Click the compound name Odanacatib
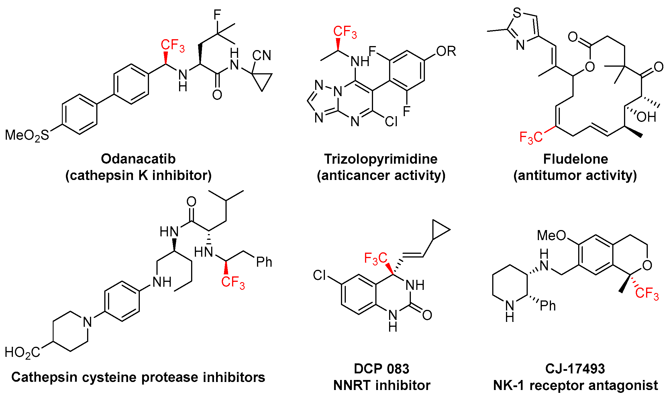coord(138,159)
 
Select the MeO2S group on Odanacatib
coord(27,135)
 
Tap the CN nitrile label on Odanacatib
coord(262,56)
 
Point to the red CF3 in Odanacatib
coord(172,45)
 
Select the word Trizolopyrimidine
coord(381,159)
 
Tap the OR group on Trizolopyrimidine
coord(446,52)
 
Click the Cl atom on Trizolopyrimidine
coord(391,122)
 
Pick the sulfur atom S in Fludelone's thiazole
coord(517,13)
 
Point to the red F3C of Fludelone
coord(531,138)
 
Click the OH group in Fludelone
coord(646,117)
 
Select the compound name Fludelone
coord(575,159)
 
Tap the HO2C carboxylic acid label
coord(22,353)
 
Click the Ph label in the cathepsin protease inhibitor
coord(264,262)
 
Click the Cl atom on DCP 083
coord(319,275)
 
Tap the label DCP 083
coord(381,369)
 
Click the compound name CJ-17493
coord(575,369)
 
